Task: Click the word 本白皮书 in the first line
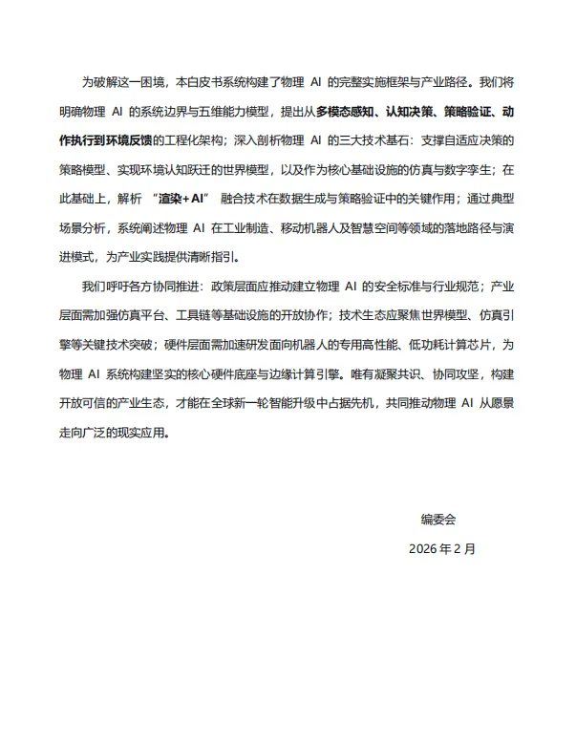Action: (191, 83)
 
